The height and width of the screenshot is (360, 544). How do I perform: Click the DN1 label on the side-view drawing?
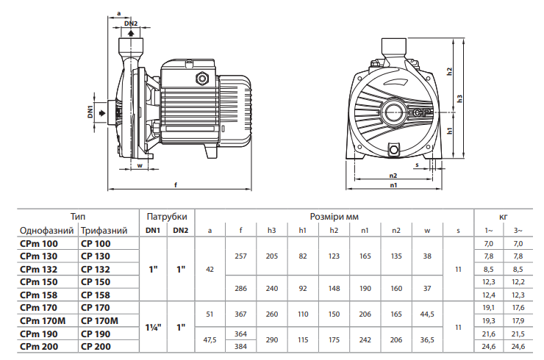tap(90, 112)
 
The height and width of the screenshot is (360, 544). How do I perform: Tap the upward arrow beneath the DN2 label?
tap(131, 33)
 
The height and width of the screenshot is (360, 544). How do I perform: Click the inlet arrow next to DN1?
tap(102, 113)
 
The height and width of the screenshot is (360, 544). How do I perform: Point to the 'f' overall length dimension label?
tap(176, 185)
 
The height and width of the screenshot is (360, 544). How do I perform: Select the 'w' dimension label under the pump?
tap(140, 165)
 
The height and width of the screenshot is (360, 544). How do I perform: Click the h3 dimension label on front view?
tap(460, 98)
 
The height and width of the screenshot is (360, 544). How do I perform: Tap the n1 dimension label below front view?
tap(393, 185)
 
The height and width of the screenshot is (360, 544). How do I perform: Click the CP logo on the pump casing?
tap(422, 112)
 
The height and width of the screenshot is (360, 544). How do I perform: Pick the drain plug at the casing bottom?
tap(394, 149)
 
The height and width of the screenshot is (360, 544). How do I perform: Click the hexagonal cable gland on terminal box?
tap(201, 78)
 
